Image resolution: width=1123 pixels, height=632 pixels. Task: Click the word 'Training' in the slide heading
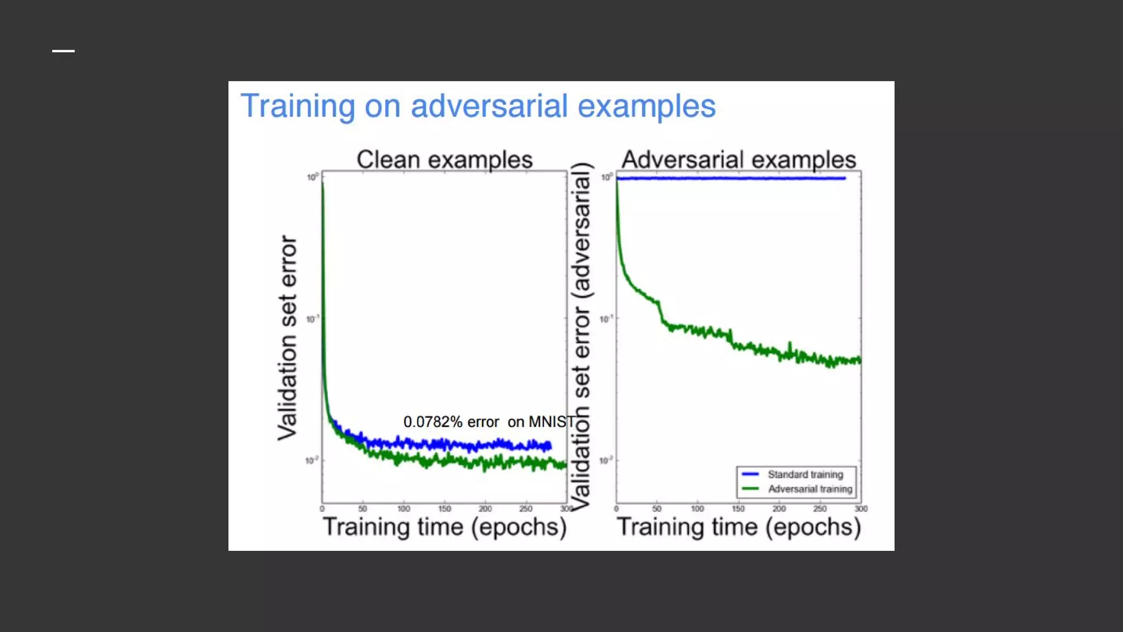pos(298,106)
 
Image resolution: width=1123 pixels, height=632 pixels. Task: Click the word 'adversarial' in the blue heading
pos(489,106)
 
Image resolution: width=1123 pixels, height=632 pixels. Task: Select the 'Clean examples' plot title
pos(444,160)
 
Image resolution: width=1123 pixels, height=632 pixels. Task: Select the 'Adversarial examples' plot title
pos(739,160)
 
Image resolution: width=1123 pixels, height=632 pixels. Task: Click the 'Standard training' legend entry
pos(805,474)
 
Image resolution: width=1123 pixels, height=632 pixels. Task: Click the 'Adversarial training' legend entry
pos(810,489)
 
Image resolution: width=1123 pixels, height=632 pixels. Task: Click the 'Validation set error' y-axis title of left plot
pos(287,337)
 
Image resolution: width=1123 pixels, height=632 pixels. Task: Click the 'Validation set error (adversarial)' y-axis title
pos(581,336)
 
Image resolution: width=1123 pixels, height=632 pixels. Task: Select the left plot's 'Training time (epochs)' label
pos(444,527)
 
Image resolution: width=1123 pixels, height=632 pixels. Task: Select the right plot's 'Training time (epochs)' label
pos(739,527)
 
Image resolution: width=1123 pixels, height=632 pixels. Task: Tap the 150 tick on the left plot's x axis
pos(444,509)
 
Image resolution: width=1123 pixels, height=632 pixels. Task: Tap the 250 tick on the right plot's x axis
pos(820,509)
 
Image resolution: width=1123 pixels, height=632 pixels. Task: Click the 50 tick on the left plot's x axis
pos(362,509)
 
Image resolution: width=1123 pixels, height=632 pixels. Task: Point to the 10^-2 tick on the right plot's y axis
pos(606,461)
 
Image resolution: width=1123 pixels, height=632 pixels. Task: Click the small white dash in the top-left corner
pos(63,51)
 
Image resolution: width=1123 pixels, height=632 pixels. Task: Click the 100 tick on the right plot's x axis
pos(697,509)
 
